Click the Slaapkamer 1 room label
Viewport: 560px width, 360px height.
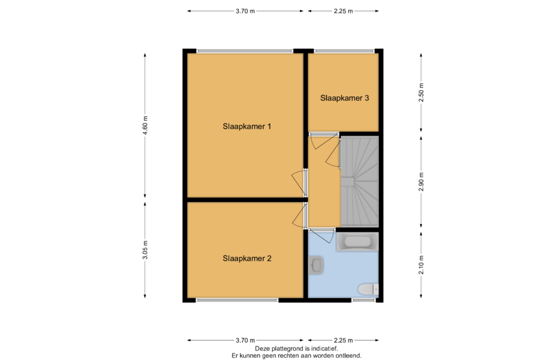coord(247,127)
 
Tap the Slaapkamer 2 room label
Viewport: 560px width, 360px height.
coord(247,259)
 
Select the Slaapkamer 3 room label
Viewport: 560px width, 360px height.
coord(344,98)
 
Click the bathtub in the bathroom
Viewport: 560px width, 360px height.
coord(357,242)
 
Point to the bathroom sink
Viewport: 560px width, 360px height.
coord(316,265)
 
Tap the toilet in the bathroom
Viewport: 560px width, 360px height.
coord(368,289)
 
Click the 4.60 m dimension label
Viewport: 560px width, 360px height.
coord(145,125)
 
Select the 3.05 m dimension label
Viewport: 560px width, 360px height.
coord(145,250)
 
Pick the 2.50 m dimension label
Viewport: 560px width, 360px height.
coord(421,93)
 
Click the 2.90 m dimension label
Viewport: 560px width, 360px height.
coord(421,181)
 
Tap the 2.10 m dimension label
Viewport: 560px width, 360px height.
coord(421,265)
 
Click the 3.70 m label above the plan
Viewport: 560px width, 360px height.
coord(245,11)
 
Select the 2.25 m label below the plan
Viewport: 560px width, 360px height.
coord(343,341)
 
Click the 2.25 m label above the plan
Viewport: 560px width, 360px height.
coord(343,11)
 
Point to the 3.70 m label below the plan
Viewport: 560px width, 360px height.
coord(245,341)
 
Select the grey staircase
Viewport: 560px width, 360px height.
coord(360,181)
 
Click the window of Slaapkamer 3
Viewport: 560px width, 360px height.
coord(344,51)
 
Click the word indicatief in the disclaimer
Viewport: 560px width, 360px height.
coord(324,349)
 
